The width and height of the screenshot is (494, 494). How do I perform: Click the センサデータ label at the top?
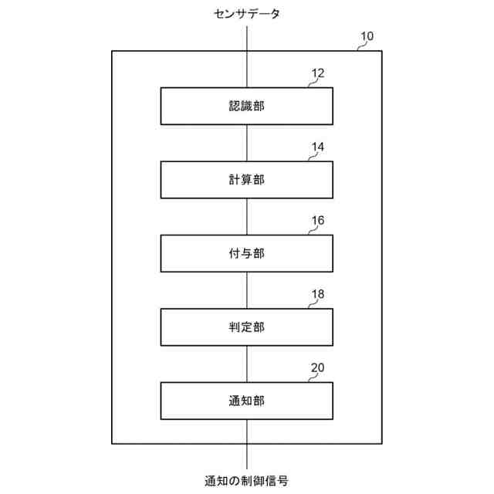(247, 14)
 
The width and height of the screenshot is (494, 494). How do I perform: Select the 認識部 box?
(247, 106)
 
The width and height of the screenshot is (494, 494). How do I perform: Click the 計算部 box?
(247, 179)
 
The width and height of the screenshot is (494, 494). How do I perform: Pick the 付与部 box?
(247, 252)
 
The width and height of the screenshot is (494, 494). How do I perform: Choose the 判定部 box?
(247, 327)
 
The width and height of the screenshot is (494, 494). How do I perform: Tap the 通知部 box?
(247, 401)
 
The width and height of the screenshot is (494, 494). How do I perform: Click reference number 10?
(367, 36)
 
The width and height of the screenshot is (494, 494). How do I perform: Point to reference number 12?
(318, 74)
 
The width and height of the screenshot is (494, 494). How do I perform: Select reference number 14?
(318, 147)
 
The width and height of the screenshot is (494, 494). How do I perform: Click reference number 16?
(318, 221)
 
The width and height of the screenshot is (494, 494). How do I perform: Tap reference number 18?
(318, 295)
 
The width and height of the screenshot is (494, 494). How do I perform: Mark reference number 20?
(318, 368)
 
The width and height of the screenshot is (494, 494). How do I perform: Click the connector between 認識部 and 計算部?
(247, 143)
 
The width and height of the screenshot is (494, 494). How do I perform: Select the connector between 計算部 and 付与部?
(247, 216)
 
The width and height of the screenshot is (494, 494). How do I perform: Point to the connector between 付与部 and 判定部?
(247, 290)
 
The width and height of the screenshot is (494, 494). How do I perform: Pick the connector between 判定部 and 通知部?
(247, 364)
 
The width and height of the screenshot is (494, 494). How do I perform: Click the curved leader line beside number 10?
(359, 47)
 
